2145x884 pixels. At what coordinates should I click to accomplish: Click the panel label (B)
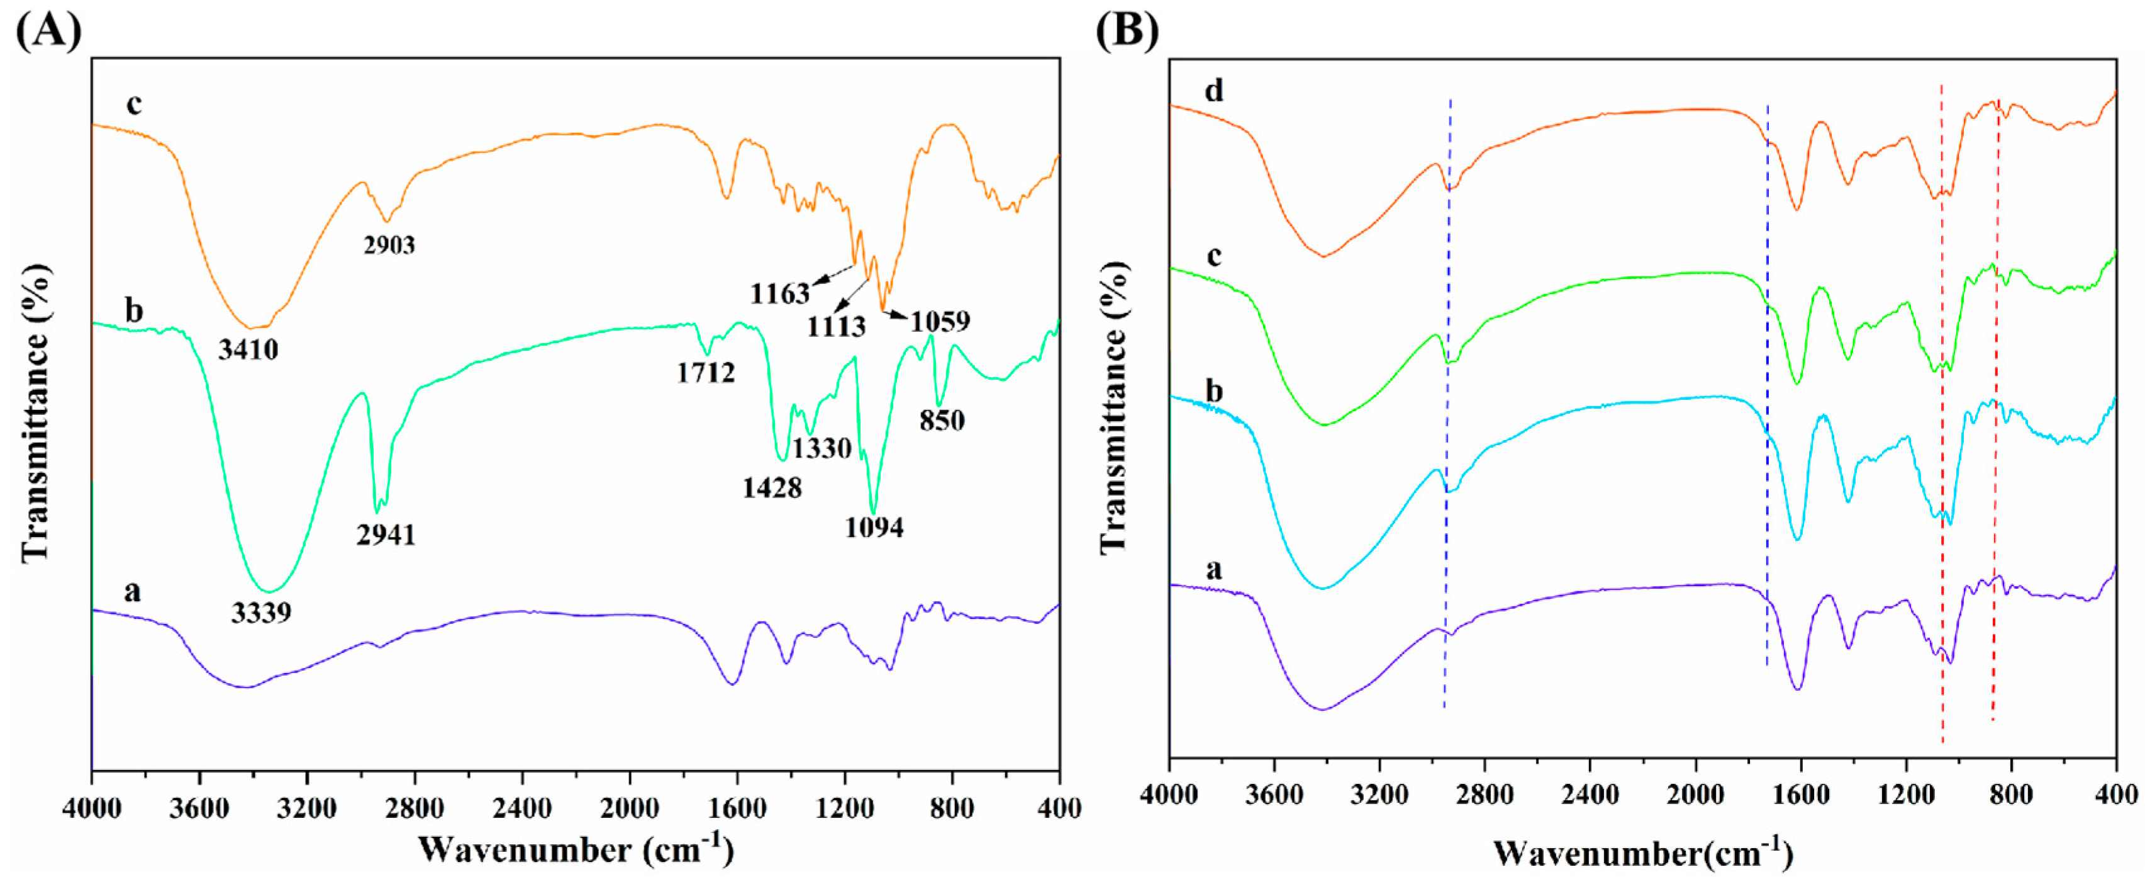[1127, 31]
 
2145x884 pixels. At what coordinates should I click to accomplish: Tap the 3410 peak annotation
[248, 349]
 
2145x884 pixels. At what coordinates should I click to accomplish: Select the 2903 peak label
[389, 245]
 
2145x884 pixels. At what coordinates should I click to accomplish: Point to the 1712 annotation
[705, 373]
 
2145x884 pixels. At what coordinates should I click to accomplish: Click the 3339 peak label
[262, 613]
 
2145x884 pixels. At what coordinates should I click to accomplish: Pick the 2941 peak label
[386, 534]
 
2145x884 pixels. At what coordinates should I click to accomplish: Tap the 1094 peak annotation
[874, 526]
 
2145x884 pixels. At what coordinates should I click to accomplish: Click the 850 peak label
[942, 420]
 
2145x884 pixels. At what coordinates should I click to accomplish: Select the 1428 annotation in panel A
[772, 487]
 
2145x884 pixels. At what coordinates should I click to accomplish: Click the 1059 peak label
[940, 320]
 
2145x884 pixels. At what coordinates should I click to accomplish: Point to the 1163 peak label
[779, 293]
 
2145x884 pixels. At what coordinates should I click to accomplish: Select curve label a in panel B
[1214, 569]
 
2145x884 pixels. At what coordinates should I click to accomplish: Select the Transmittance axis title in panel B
[1115, 408]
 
